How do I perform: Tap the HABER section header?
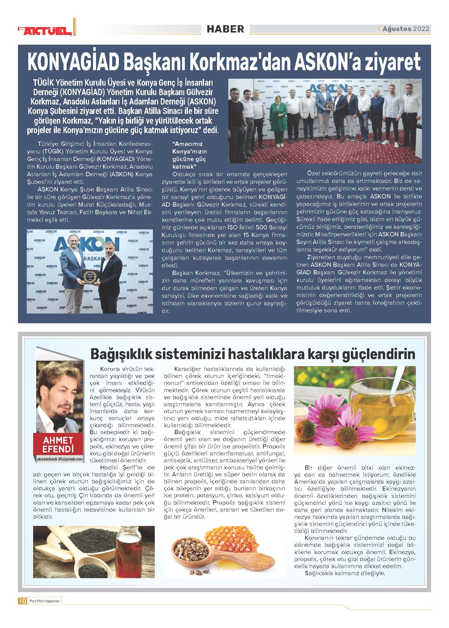click(x=225, y=29)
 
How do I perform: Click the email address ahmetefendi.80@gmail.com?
click(x=60, y=459)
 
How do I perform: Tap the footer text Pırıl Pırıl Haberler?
click(x=44, y=601)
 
